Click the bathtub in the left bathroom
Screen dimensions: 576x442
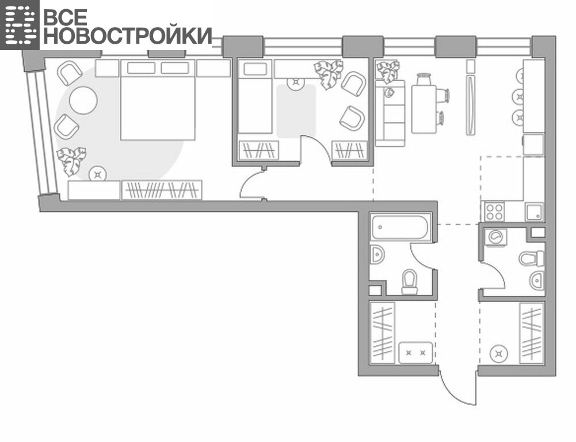(400, 227)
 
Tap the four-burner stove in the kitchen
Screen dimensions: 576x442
(494, 212)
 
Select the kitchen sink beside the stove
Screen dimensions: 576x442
(534, 212)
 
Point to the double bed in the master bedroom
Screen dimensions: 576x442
(158, 100)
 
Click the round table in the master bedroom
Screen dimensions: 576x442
(83, 100)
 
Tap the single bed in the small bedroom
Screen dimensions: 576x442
(255, 96)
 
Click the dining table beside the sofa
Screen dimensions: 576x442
(424, 109)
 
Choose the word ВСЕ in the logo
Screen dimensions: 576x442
(66, 17)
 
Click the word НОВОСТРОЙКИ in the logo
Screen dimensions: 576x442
(128, 36)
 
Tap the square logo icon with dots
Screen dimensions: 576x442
(20, 25)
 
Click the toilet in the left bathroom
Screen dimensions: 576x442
(410, 282)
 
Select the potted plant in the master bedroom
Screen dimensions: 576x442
(71, 161)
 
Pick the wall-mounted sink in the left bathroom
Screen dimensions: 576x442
(377, 254)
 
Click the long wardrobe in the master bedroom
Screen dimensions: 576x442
(162, 190)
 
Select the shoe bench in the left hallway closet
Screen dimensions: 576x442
(416, 353)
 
